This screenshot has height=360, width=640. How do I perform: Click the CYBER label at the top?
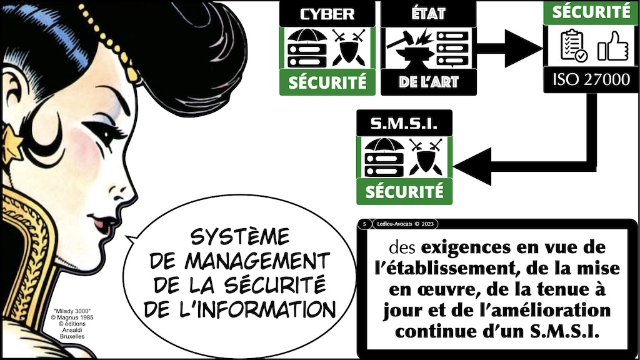pos(327,14)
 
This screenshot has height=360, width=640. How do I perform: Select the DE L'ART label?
pos(428,82)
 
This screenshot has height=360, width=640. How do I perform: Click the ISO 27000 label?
pos(591,79)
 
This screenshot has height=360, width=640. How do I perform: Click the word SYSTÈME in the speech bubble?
pos(239,237)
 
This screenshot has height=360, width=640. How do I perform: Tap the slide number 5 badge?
pos(363,223)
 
